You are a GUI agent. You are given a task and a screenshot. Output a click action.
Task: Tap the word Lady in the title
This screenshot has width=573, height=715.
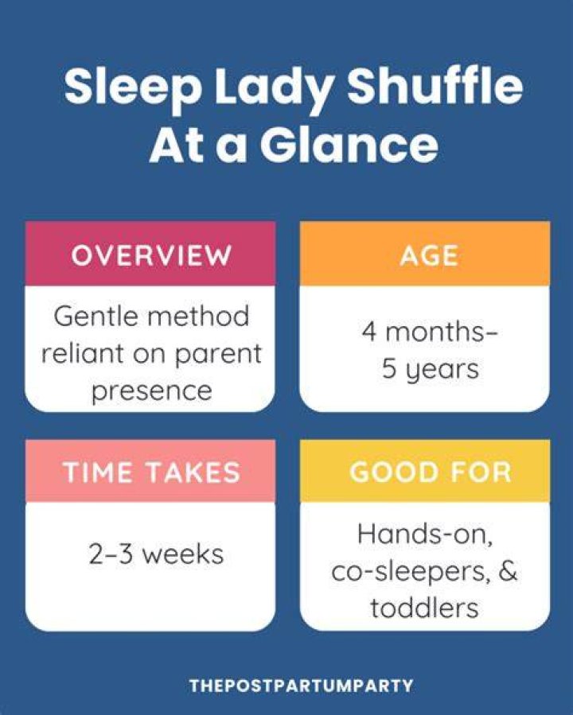tap(274, 88)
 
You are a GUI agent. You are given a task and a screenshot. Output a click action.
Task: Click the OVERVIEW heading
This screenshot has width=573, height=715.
tap(151, 255)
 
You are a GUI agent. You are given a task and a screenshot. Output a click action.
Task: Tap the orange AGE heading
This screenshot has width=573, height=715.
tap(429, 255)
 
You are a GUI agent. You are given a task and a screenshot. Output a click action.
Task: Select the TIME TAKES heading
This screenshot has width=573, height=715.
tap(151, 472)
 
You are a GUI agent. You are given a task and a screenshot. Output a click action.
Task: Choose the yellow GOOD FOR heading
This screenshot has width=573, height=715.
tap(431, 472)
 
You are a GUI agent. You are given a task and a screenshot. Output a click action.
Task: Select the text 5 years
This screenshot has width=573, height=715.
tap(431, 369)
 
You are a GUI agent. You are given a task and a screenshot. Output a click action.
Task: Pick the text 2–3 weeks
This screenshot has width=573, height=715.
tap(156, 554)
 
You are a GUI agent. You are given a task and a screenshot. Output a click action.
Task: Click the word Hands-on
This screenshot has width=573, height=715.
tap(425, 534)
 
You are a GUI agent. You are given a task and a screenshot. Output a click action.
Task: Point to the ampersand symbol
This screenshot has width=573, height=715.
tap(508, 570)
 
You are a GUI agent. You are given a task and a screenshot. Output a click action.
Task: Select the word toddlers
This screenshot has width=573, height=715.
tap(424, 608)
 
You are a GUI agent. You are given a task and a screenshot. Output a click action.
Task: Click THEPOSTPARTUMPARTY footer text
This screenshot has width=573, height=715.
tap(301, 686)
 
